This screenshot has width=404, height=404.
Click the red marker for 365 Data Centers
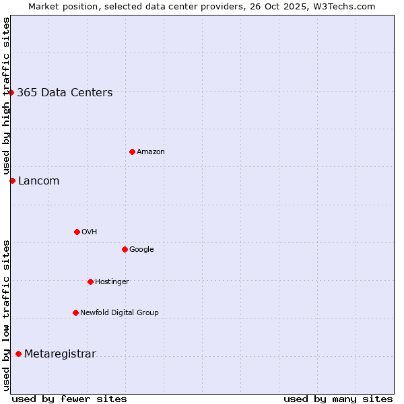pyautogui.click(x=11, y=92)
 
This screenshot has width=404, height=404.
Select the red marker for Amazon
pyautogui.click(x=132, y=151)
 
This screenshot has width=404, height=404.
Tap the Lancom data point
pyautogui.click(x=12, y=180)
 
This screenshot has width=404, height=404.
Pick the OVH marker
pyautogui.click(x=77, y=232)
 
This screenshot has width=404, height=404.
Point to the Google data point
pyautogui.click(x=125, y=249)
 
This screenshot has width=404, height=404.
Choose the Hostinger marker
pyautogui.click(x=90, y=281)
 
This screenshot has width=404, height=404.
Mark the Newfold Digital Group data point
pyautogui.click(x=75, y=312)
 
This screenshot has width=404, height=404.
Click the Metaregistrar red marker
pyautogui.click(x=18, y=353)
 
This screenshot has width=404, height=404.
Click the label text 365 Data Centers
pyautogui.click(x=65, y=93)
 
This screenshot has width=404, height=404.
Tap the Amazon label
pyautogui.click(x=151, y=152)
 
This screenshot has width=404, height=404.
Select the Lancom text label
pyautogui.click(x=38, y=181)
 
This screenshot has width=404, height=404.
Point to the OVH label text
pyautogui.click(x=90, y=232)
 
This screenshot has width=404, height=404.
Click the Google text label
pyautogui.click(x=141, y=250)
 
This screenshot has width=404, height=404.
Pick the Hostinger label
pyautogui.click(x=112, y=282)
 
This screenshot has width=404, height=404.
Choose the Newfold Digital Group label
pyautogui.click(x=119, y=313)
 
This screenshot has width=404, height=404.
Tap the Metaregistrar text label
pyautogui.click(x=60, y=354)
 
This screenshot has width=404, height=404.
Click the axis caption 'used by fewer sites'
pyautogui.click(x=69, y=399)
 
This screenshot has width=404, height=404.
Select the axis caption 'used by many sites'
pyautogui.click(x=338, y=399)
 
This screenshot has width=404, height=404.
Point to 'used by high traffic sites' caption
pyautogui.click(x=6, y=96)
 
